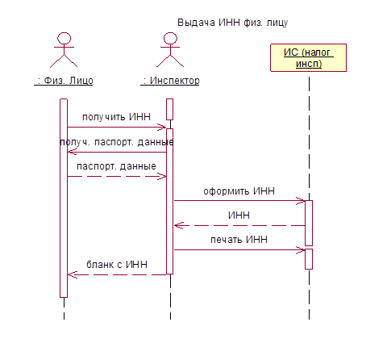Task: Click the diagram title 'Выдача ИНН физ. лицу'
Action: pyautogui.click(x=232, y=23)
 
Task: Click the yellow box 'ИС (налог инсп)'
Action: pyautogui.click(x=308, y=57)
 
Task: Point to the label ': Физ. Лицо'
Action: pyautogui.click(x=64, y=81)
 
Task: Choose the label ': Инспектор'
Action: pyautogui.click(x=170, y=81)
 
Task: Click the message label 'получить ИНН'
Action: pyautogui.click(x=116, y=117)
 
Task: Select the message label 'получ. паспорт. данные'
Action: pyautogui.click(x=116, y=142)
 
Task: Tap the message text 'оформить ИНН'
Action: pyautogui.click(x=239, y=191)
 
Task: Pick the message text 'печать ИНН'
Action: pyautogui.click(x=239, y=239)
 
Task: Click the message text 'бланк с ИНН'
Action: pyautogui.click(x=117, y=265)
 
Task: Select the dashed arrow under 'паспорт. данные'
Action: pyautogui.click(x=117, y=177)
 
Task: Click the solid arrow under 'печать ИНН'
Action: pyautogui.click(x=239, y=250)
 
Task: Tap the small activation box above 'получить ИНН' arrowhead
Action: pyautogui.click(x=169, y=109)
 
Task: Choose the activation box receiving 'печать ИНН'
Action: pyautogui.click(x=309, y=259)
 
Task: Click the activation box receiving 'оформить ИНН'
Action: pyautogui.click(x=309, y=223)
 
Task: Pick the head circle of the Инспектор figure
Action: pyautogui.click(x=170, y=38)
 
